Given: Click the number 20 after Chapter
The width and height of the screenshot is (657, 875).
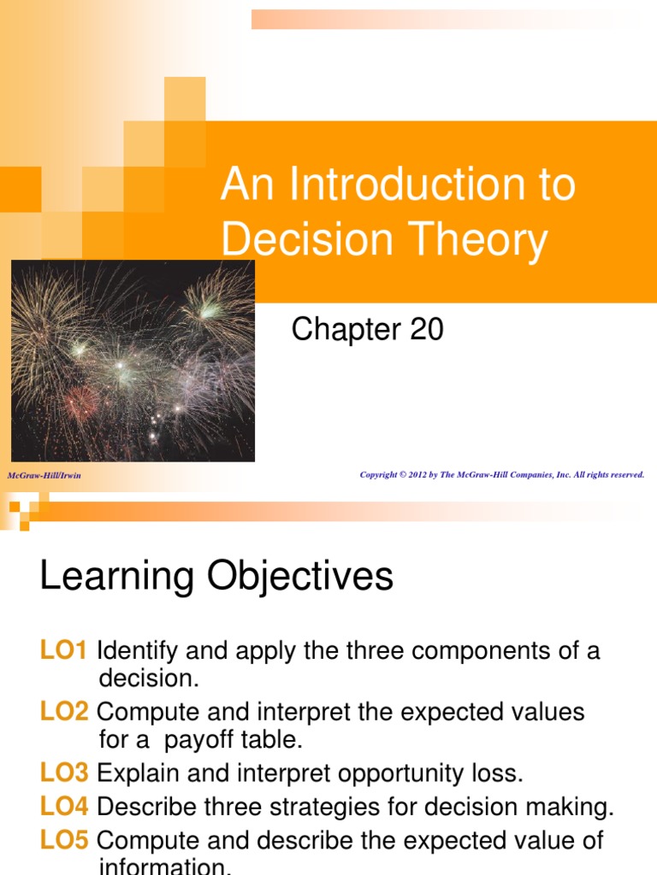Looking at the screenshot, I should (426, 330).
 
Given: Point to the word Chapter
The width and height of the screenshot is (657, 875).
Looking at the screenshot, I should (346, 330).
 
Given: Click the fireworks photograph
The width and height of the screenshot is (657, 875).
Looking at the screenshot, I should (133, 361).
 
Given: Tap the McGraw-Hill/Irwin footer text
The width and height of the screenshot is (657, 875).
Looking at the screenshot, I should (44, 475).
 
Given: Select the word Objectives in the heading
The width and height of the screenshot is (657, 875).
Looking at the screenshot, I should (300, 577).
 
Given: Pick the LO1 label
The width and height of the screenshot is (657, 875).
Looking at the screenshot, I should (63, 651).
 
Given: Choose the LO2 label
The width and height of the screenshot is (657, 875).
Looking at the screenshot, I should (63, 712).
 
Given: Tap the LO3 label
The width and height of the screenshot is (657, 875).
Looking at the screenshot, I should (63, 773).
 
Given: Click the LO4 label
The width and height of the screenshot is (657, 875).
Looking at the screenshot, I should (63, 806).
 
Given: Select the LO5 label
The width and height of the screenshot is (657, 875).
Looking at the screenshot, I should (63, 840).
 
